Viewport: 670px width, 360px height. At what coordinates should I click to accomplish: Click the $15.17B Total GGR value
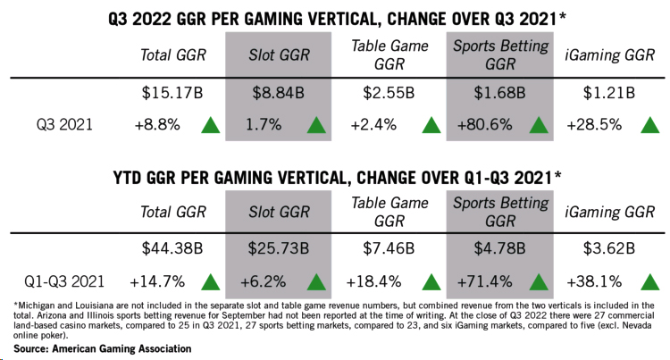[172, 93]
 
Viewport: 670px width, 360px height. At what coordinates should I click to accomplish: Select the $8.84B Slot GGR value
[278, 93]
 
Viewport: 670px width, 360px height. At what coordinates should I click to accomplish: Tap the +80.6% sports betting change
[484, 125]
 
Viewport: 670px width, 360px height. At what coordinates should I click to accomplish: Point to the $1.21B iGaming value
[609, 93]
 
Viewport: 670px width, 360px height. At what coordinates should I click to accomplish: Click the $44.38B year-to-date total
[172, 248]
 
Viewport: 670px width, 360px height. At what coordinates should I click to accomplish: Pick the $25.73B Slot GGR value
[278, 248]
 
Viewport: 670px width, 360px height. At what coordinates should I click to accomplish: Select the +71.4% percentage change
[484, 281]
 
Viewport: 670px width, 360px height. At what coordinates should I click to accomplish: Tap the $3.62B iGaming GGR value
[609, 248]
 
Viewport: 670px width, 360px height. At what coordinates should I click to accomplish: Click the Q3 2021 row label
[64, 125]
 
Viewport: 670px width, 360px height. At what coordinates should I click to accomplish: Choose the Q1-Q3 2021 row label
[64, 281]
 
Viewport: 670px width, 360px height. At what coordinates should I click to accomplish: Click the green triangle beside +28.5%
[650, 125]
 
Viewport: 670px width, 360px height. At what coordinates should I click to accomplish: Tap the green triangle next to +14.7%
[210, 282]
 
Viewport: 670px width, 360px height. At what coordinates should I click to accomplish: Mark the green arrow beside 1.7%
[316, 125]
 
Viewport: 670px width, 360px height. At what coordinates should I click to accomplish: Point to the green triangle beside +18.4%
[431, 282]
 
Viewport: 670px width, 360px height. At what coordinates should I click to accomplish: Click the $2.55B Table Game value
[389, 93]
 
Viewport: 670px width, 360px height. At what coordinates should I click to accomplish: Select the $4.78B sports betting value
[499, 248]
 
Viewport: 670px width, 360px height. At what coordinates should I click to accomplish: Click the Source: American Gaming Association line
[103, 349]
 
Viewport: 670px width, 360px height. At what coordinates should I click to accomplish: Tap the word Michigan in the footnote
[33, 306]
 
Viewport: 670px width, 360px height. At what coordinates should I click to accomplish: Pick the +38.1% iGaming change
[594, 281]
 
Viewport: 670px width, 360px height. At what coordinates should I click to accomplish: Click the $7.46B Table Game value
[389, 248]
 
